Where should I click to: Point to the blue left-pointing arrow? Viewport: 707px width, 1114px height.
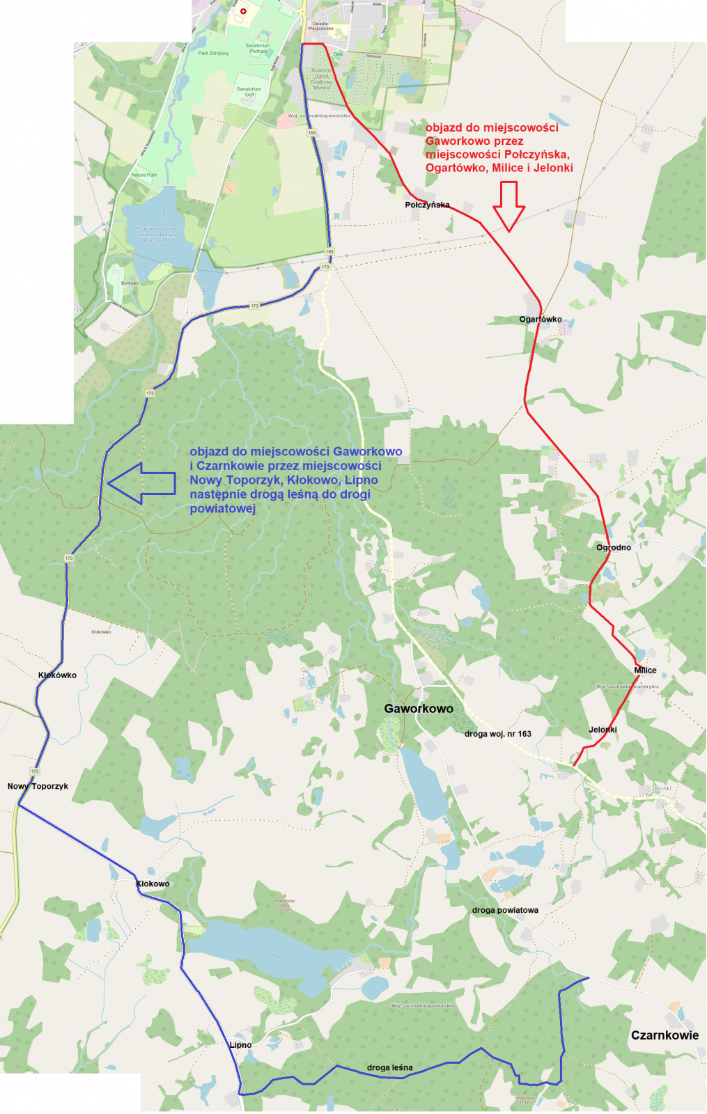tap(141, 483)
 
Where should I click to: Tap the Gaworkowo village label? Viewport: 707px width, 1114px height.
tap(419, 709)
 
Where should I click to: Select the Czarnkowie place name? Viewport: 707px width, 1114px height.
tap(665, 1035)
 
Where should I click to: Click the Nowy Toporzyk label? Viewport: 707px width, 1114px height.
tap(38, 786)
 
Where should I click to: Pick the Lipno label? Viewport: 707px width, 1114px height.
tap(240, 1045)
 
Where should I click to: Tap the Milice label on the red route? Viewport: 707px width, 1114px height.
tap(645, 670)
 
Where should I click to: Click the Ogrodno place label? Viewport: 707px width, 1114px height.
tap(614, 548)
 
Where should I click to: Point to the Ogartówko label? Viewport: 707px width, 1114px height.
tap(541, 320)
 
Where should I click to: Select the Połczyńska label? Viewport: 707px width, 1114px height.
tap(427, 205)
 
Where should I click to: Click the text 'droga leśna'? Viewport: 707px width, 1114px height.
tap(389, 1068)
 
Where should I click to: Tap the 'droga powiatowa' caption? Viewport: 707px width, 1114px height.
tap(505, 911)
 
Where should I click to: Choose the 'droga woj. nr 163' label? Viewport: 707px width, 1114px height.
tap(497, 734)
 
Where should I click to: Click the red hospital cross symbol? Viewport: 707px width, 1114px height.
tap(243, 11)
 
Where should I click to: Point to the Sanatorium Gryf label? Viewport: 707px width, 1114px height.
tap(249, 92)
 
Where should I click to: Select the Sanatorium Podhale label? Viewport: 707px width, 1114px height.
tap(258, 48)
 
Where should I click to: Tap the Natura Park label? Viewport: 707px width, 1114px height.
tap(144, 175)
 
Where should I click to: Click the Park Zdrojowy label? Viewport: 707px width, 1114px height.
tap(213, 53)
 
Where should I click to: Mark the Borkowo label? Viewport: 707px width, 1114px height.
tap(130, 283)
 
